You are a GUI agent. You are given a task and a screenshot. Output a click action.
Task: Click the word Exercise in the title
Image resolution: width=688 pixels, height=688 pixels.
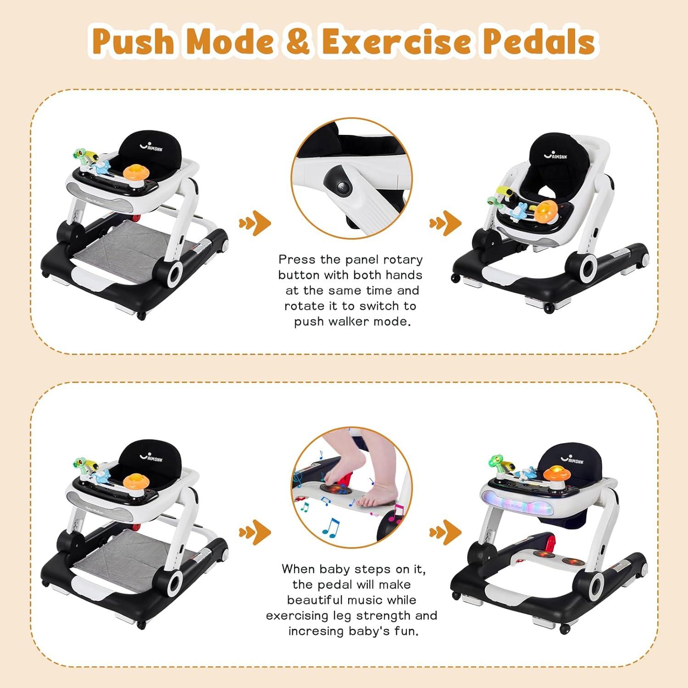click(x=396, y=41)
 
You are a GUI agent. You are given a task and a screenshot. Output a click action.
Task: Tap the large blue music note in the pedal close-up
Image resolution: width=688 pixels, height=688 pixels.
click(x=331, y=527)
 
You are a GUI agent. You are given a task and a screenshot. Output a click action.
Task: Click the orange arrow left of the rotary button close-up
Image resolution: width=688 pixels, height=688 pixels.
click(x=255, y=223)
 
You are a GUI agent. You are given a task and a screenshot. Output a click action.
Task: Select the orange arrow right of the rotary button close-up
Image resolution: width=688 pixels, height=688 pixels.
click(x=446, y=223)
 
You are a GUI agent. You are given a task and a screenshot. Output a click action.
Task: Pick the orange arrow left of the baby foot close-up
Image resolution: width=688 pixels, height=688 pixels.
click(x=255, y=532)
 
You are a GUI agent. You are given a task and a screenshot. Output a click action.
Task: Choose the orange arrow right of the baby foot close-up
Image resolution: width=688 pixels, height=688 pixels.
click(x=446, y=532)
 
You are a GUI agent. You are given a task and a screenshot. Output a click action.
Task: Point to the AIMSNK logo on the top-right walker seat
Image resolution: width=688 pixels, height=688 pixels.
click(x=556, y=155)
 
